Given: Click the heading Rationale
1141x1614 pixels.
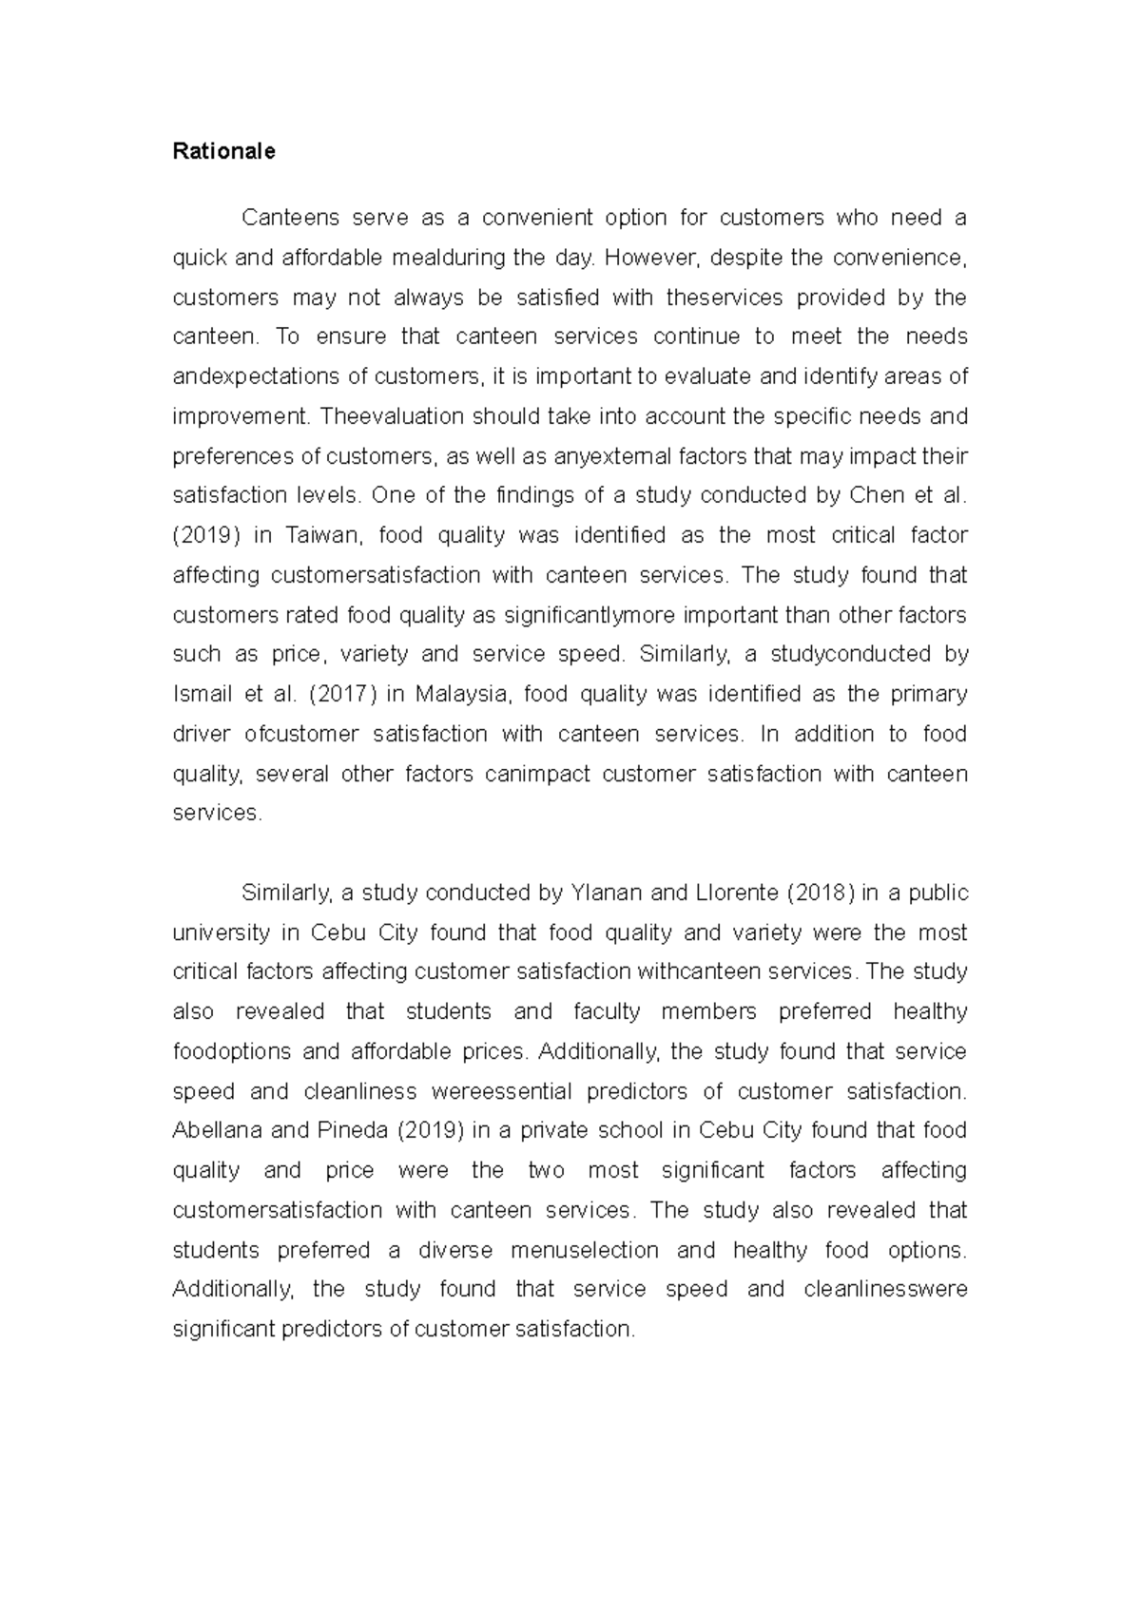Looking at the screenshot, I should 223,152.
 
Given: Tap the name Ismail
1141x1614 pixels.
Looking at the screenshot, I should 202,695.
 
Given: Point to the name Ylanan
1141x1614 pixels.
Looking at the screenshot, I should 607,893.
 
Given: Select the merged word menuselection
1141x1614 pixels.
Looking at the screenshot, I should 585,1251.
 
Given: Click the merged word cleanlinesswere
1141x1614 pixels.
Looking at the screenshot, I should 885,1290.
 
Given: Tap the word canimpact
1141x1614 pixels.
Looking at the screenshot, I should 537,775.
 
